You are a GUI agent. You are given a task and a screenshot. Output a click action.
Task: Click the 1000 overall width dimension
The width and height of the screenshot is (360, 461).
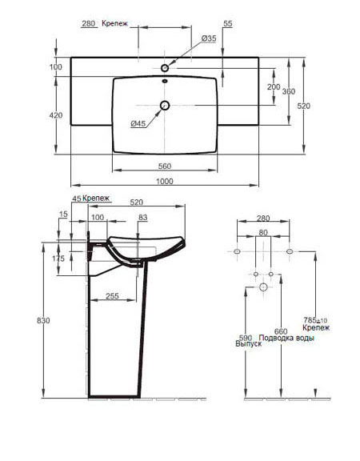point(164,181)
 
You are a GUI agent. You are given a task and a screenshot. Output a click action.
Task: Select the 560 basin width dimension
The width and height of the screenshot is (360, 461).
point(165,166)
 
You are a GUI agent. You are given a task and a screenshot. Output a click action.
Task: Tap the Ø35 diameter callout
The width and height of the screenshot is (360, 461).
point(209,38)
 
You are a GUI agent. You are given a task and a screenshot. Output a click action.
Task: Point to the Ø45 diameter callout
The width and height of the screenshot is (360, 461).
point(138,124)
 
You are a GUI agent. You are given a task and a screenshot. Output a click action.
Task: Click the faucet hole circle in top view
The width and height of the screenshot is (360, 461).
point(165,68)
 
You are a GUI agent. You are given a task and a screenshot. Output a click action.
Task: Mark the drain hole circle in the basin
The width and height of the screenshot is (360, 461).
point(165,105)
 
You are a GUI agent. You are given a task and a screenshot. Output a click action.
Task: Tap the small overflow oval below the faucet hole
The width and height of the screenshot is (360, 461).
point(165,81)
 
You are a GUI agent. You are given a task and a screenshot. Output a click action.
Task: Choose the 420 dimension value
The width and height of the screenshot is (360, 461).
point(56,115)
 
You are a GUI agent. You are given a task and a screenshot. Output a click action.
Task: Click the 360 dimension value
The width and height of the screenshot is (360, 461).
point(289,91)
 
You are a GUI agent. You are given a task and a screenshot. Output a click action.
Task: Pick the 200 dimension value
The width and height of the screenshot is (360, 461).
point(274,86)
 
